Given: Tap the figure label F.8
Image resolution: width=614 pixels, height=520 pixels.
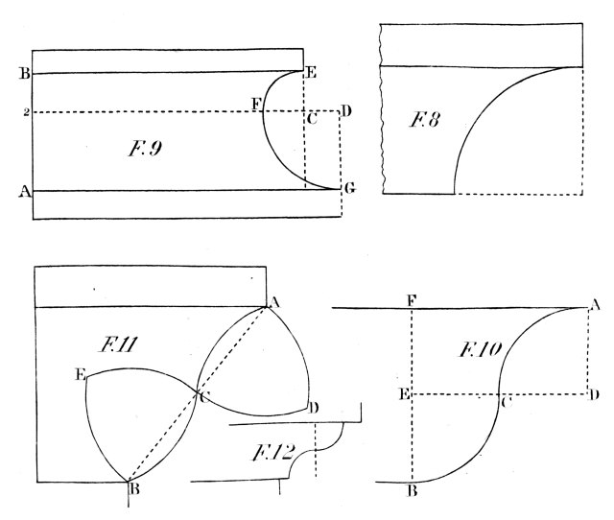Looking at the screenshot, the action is [423, 122].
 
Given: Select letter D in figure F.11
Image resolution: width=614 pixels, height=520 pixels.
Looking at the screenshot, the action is [315, 408].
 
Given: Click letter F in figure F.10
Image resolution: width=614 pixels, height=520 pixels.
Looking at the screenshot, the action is [411, 300].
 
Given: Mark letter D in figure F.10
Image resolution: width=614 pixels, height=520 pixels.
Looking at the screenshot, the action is [597, 394].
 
